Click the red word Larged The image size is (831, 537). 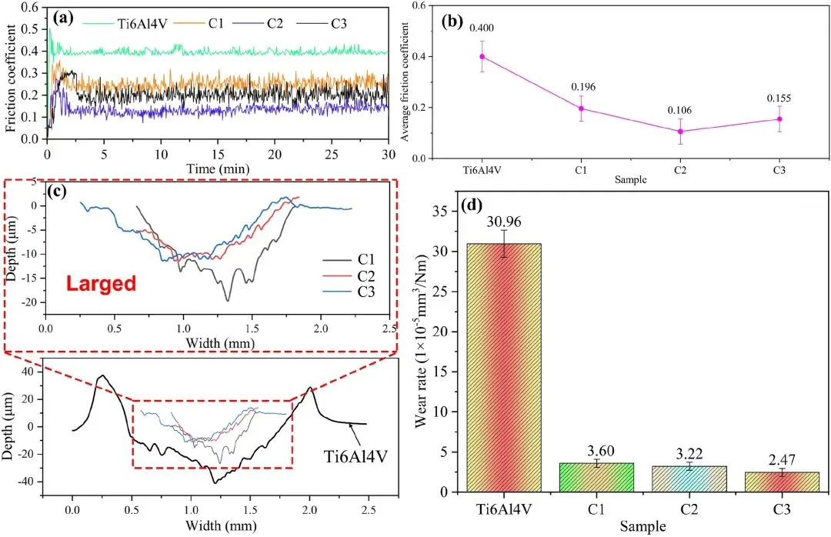point(101,283)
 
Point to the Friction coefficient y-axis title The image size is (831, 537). point(11,77)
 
